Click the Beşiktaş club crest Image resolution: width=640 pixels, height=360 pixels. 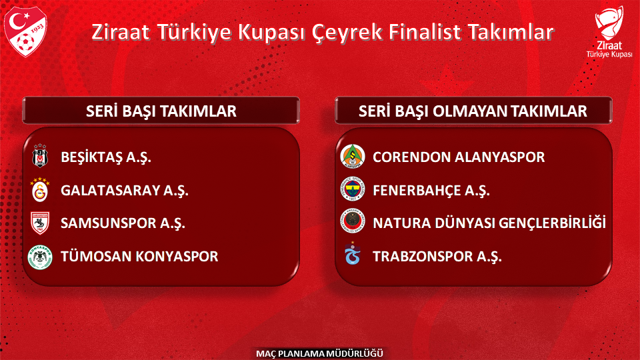(x=41, y=158)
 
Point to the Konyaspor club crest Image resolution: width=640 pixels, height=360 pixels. (x=41, y=256)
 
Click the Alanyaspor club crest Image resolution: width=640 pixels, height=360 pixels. (x=353, y=158)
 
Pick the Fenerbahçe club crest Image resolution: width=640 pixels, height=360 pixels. (x=353, y=191)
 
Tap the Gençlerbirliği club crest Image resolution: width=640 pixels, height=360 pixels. (x=353, y=222)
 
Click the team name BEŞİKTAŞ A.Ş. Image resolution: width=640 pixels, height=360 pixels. (x=106, y=158)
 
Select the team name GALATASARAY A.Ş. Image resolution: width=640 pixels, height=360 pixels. (x=125, y=191)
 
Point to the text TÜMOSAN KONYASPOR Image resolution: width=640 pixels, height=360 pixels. (x=139, y=256)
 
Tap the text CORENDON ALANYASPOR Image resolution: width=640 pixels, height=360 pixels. (x=459, y=158)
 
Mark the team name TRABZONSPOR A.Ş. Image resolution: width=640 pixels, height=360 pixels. (x=437, y=256)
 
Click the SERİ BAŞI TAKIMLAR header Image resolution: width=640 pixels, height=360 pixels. (x=161, y=111)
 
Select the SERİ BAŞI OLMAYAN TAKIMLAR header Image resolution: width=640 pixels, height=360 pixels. (x=473, y=111)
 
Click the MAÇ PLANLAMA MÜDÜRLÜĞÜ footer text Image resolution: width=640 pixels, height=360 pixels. (x=320, y=353)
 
